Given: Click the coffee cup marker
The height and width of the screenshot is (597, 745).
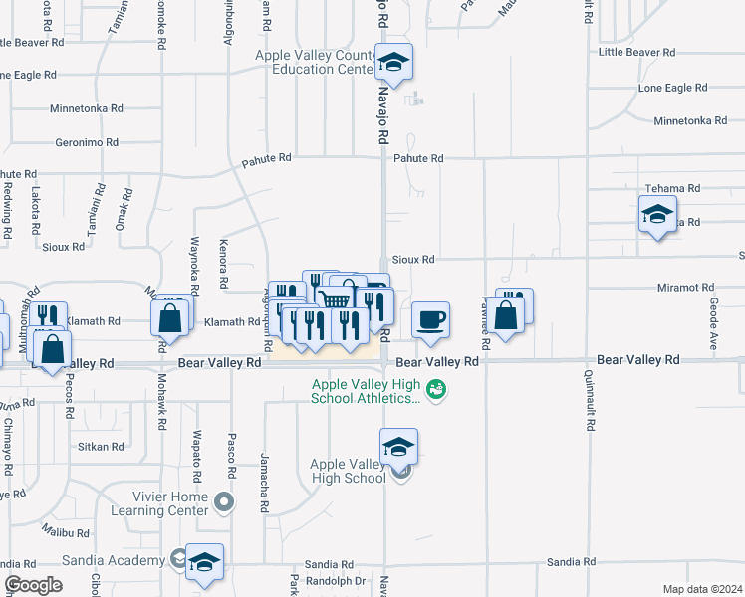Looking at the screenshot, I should point(430,320).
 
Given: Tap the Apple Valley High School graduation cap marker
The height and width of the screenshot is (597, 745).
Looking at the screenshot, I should point(398,447).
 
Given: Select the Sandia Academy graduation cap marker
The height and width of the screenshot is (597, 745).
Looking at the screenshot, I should point(204,562).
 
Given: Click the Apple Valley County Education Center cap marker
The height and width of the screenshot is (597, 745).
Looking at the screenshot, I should point(394,63).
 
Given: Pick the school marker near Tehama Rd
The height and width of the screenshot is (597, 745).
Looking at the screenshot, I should point(657,214).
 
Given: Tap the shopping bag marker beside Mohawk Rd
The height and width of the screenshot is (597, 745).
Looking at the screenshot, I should point(170,318).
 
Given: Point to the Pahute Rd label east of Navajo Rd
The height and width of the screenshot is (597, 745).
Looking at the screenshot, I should point(418,158).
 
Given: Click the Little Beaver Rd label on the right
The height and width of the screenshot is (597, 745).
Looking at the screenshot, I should point(636,52).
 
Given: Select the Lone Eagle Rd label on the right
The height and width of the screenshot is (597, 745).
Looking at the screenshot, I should point(672,88).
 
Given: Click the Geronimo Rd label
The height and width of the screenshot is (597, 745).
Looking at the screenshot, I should point(88,141).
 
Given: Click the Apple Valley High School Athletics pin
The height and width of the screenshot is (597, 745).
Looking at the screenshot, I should point(435,389).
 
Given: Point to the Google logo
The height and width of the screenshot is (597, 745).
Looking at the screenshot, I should point(33,585).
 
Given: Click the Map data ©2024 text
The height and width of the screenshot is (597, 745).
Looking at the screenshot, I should point(701,589).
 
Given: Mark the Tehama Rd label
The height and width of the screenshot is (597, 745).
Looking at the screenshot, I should point(672,188).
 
